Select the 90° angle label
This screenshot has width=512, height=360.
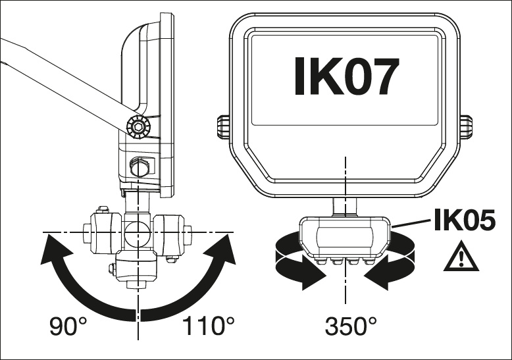(69, 326)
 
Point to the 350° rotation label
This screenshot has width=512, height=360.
(351, 326)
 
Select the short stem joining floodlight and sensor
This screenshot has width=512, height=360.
(344, 207)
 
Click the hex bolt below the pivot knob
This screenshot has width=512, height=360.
(140, 167)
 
